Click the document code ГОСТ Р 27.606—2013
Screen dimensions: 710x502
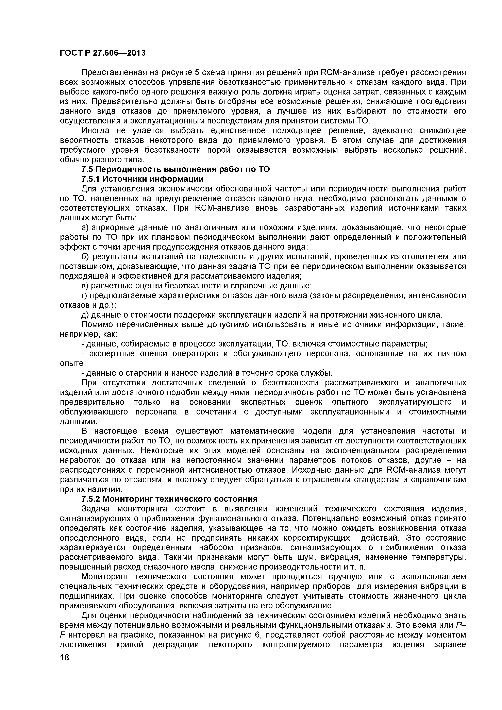[102, 53]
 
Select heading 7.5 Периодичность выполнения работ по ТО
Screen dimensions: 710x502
[175, 169]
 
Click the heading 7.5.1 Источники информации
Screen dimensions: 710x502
[142, 179]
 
